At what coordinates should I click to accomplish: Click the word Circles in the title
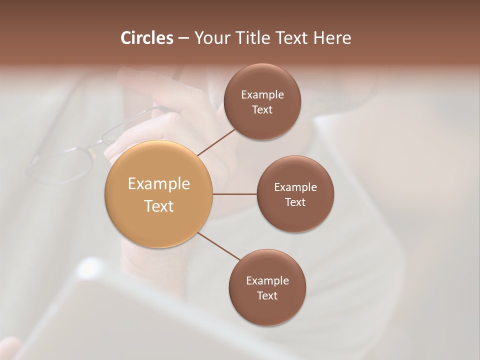pos(146,38)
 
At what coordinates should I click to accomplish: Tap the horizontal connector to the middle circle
pos(234,194)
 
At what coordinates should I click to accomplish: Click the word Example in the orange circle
pos(159,184)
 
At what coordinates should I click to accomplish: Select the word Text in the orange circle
pos(159,206)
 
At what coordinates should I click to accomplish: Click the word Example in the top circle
pos(262,95)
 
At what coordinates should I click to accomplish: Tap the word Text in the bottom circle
pos(267,295)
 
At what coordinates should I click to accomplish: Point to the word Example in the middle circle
pos(295,187)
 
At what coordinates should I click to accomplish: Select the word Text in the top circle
pos(262,110)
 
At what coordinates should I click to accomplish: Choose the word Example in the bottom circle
pos(267,281)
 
